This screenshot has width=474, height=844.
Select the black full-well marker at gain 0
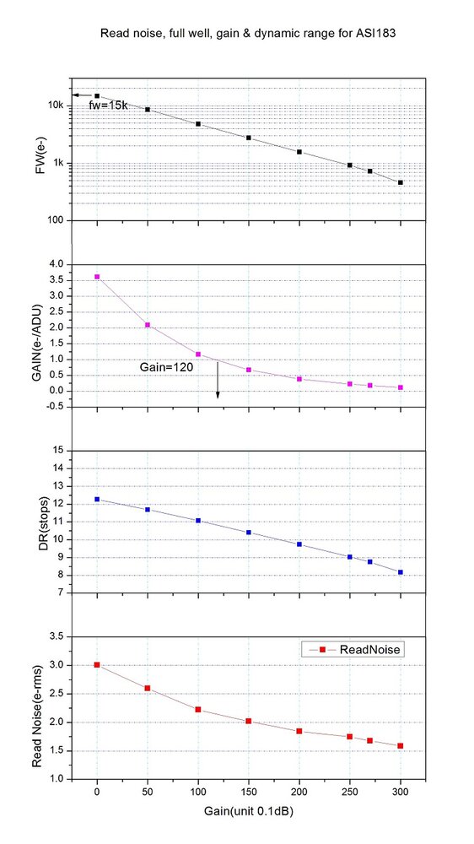click(97, 96)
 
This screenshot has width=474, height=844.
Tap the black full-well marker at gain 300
click(401, 182)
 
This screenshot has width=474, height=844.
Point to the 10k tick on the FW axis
click(54, 105)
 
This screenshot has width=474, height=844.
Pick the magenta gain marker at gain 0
click(97, 277)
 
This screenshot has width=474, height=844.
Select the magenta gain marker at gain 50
click(148, 325)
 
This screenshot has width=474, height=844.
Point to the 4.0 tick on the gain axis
click(55, 264)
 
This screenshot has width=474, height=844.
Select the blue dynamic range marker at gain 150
click(249, 533)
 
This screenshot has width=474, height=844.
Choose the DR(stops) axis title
click(33, 521)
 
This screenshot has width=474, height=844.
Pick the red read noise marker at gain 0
click(97, 665)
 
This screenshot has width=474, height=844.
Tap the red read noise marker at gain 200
click(299, 731)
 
